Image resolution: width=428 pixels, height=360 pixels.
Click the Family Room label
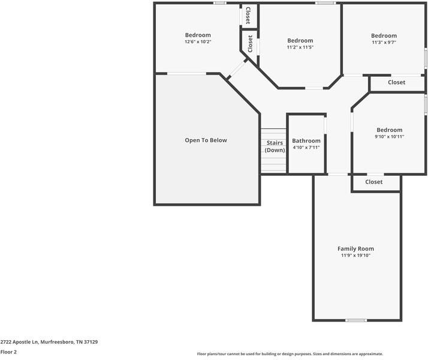[x=355, y=248]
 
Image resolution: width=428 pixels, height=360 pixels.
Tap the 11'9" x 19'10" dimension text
[x=355, y=256]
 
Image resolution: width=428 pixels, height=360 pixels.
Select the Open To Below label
[x=206, y=140]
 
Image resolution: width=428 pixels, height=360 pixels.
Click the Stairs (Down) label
[x=275, y=146]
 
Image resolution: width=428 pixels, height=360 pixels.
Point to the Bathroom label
[x=306, y=141]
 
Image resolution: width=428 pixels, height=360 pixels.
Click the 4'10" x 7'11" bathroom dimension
[x=306, y=148]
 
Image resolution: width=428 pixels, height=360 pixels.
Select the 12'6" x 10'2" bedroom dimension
[x=198, y=42]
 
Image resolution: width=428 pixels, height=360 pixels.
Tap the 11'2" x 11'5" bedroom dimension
[x=300, y=47]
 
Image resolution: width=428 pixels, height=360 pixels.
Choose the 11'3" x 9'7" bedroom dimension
[x=384, y=43]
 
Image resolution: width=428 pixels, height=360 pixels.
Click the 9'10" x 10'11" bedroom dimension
[x=389, y=137]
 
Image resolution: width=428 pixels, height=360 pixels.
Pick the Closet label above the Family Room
[x=374, y=182]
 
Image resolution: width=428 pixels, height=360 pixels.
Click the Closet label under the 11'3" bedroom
[x=396, y=83]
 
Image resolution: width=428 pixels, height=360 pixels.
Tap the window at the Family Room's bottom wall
[x=356, y=320]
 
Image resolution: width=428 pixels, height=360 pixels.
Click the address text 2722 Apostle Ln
[x=49, y=342]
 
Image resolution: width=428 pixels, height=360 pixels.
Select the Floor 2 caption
[x=8, y=352]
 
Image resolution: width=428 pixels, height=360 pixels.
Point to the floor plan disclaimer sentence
[x=290, y=354]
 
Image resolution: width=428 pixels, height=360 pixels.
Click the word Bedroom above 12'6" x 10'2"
[x=198, y=35]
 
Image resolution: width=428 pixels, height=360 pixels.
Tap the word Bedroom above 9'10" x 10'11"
[x=389, y=130]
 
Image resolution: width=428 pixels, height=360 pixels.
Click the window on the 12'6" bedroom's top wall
[x=220, y=3]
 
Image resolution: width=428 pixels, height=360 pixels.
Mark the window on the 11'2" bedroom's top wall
[x=325, y=3]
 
